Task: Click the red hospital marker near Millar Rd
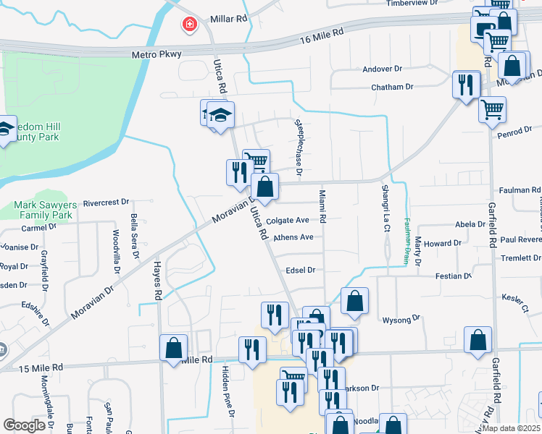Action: click(190, 25)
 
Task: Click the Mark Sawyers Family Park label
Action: click(43, 210)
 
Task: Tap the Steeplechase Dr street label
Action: click(298, 148)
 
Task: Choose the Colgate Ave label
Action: click(288, 221)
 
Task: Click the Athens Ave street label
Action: click(293, 237)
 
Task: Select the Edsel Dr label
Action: click(301, 270)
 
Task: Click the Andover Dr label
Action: click(382, 69)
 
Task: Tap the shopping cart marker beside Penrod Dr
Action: click(492, 109)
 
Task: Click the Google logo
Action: click(24, 425)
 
